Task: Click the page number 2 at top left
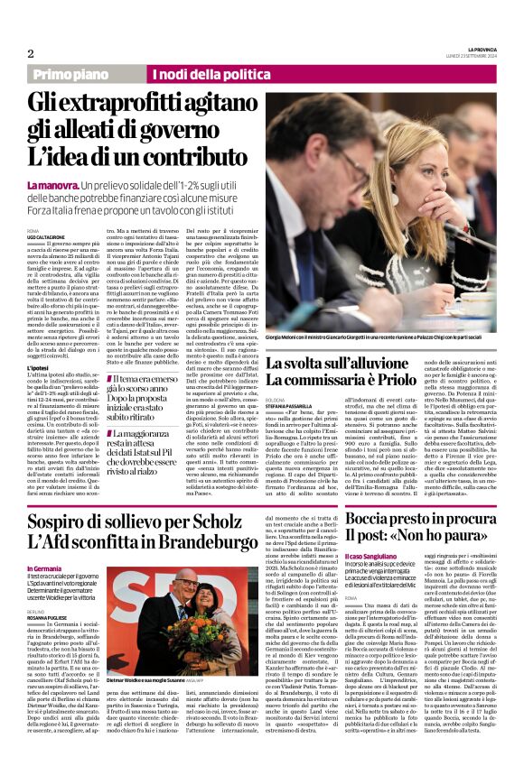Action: (31, 53)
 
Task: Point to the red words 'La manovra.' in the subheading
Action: (48, 184)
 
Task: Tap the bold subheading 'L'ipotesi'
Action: (39, 345)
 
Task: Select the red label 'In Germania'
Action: (44, 569)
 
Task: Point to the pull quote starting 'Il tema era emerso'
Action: (166, 392)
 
